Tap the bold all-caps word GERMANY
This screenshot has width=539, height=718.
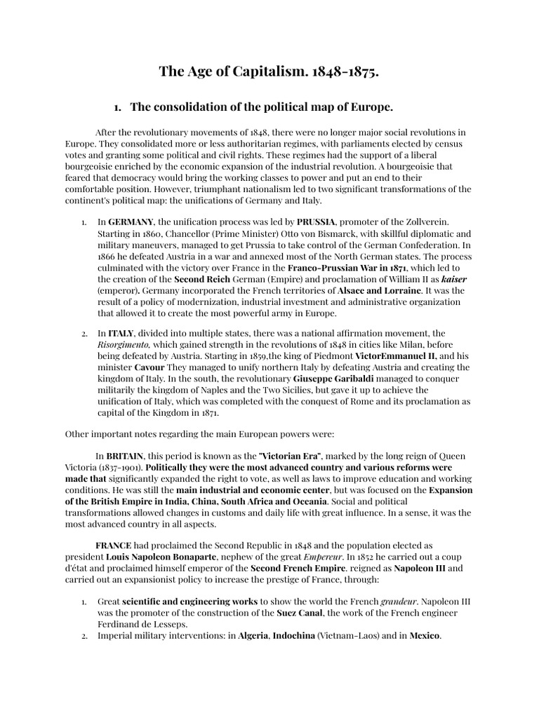tap(130, 222)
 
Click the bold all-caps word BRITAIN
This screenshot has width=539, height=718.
tap(124, 456)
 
